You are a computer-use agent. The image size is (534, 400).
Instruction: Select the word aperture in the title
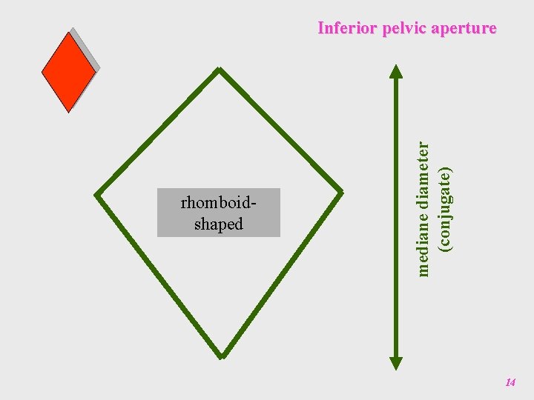tap(464, 28)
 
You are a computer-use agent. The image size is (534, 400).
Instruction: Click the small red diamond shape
tap(68, 72)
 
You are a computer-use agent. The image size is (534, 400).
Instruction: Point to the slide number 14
tap(510, 382)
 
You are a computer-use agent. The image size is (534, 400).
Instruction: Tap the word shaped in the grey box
tap(219, 224)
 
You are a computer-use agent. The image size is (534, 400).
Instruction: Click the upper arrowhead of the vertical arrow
tap(396, 71)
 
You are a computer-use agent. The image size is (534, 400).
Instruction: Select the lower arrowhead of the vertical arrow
tap(396, 362)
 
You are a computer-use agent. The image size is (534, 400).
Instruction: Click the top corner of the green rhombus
tap(219, 70)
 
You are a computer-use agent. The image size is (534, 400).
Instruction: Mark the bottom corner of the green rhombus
tap(221, 355)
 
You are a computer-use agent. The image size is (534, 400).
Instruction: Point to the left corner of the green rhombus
tap(97, 196)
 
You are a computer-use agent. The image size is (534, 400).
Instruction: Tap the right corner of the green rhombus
tap(341, 193)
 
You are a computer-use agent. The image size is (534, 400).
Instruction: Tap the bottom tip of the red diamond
tap(68, 111)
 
